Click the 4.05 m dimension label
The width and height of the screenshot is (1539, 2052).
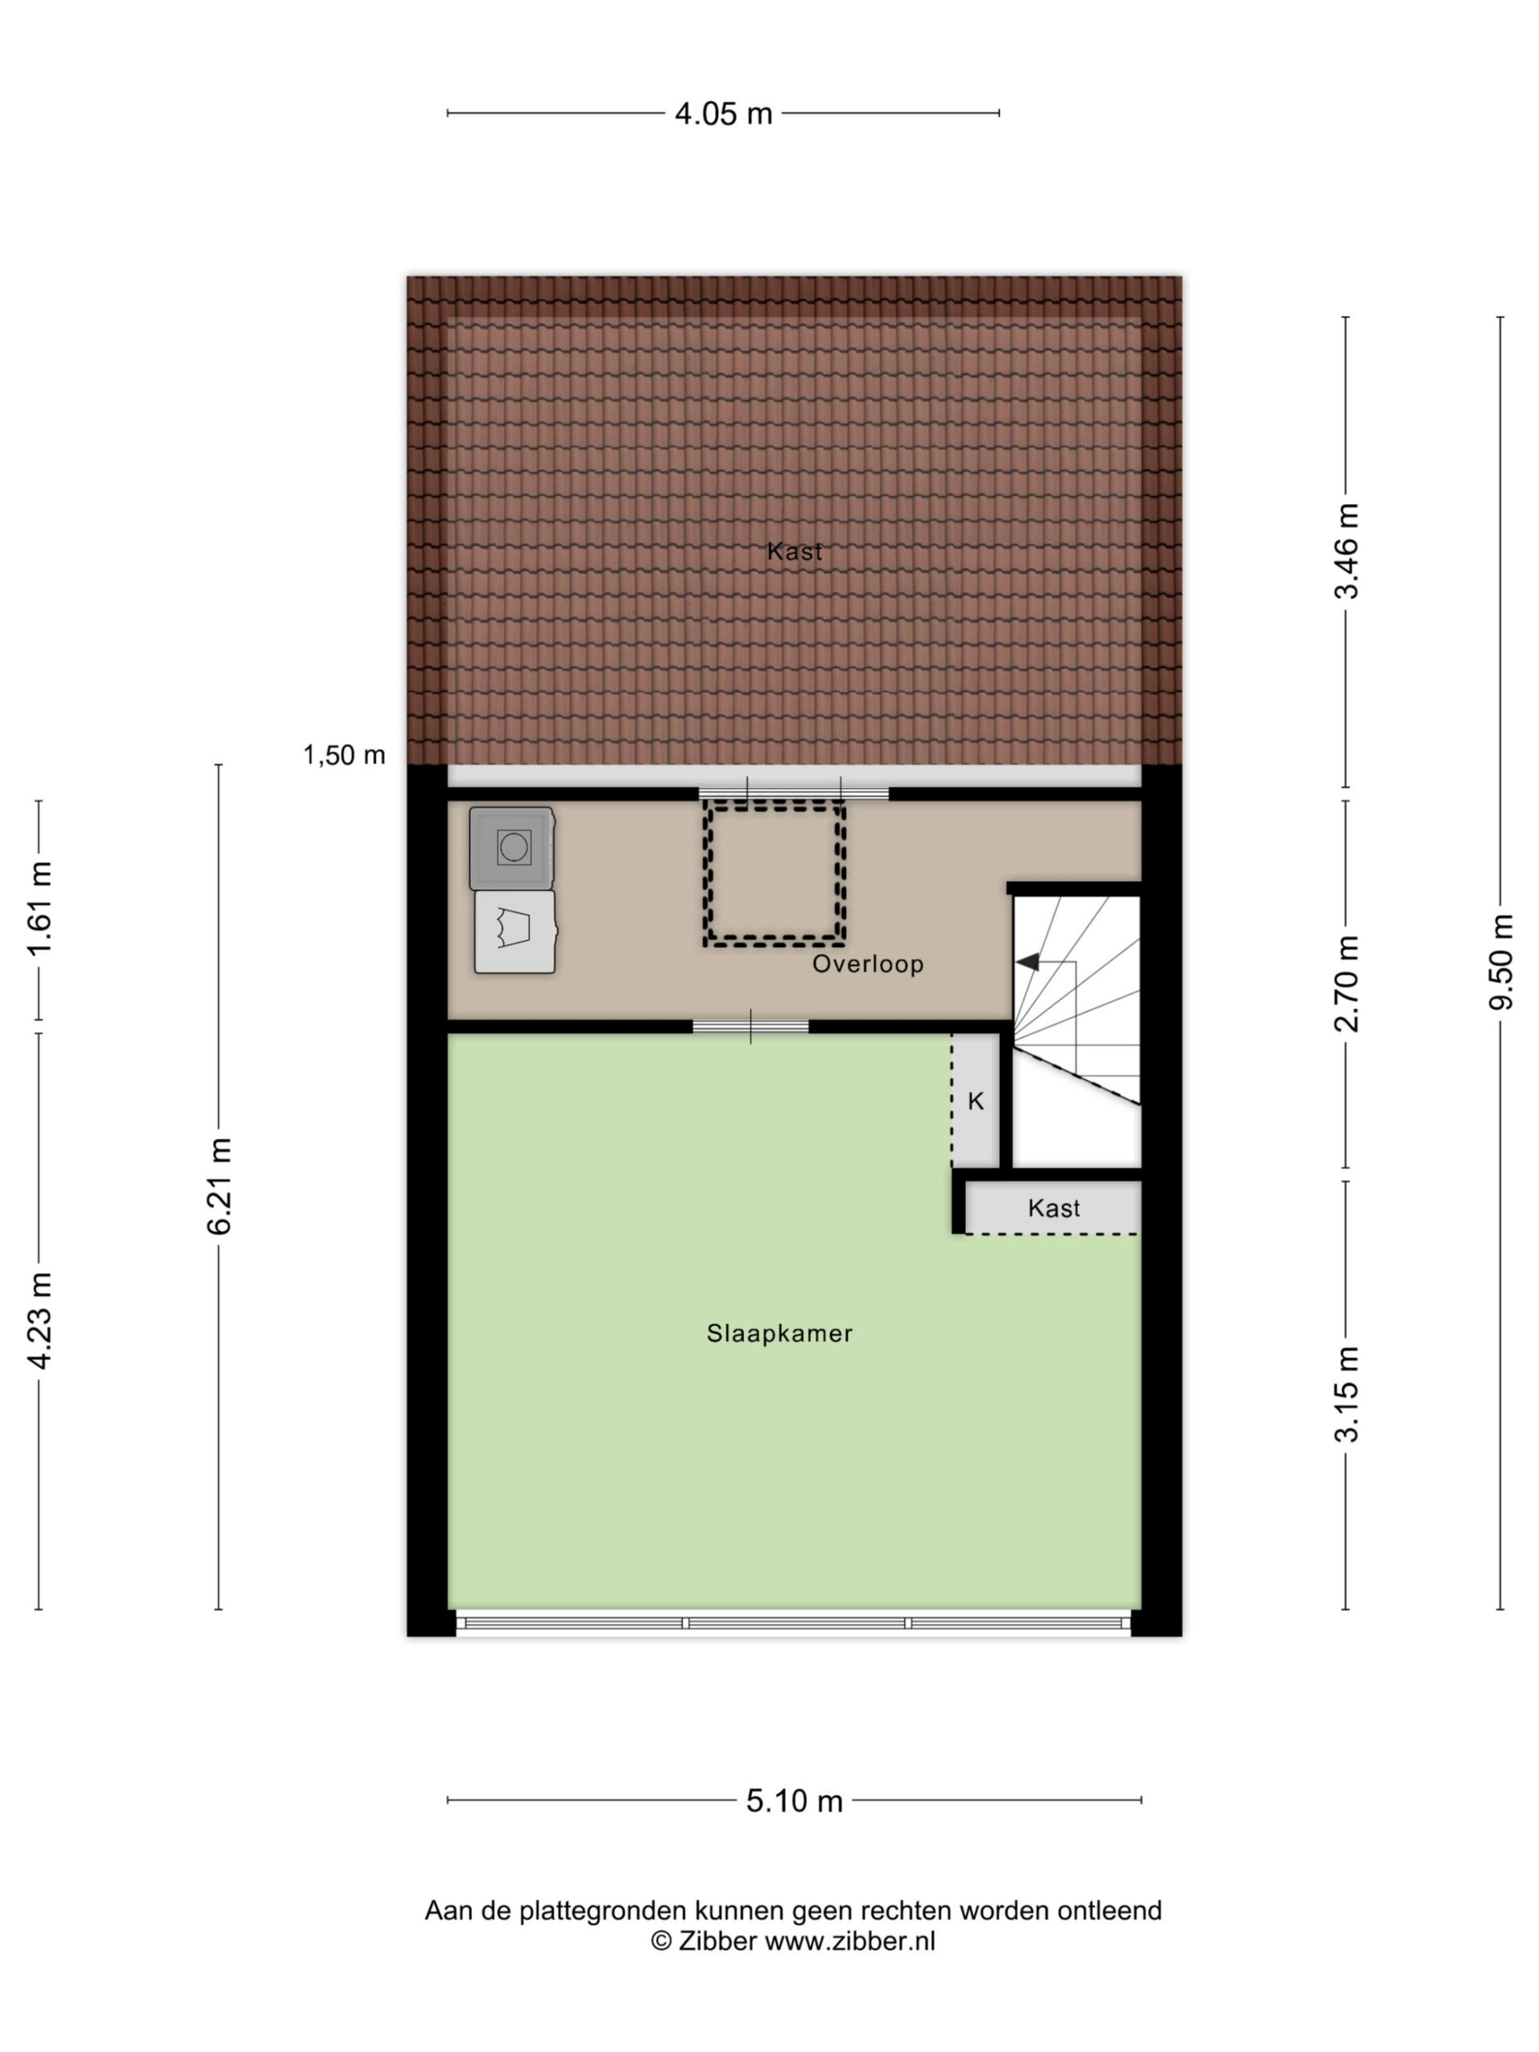pos(723,113)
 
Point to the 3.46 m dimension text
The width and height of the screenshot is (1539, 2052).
pos(1346,551)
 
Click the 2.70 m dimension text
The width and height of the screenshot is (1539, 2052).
pos(1346,984)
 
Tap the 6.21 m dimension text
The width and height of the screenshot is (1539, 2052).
pos(219,1186)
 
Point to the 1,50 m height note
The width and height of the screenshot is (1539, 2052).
pos(344,755)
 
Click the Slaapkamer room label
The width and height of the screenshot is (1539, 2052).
pos(779,1334)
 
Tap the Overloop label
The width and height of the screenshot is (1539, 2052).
pos(868,963)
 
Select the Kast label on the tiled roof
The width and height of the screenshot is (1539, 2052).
pos(795,552)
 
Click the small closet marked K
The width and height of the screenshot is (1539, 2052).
pos(976,1101)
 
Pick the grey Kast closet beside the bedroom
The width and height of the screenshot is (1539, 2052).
pos(1054,1208)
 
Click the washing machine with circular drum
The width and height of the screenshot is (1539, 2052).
pos(512,848)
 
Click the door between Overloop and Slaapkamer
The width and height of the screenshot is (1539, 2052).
pos(750,1026)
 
